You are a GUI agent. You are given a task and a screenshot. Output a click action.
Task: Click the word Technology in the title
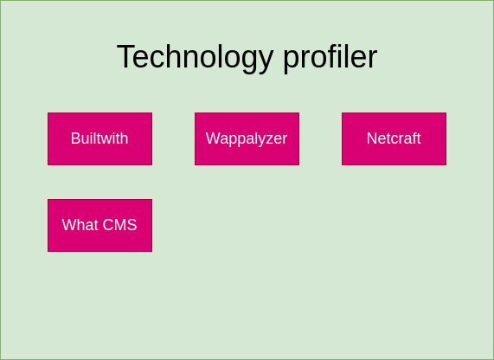click(195, 57)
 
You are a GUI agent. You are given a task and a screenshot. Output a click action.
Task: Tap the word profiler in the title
click(330, 57)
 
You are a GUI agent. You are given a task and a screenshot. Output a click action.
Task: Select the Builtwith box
click(99, 138)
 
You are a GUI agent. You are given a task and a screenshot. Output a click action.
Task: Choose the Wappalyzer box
click(247, 138)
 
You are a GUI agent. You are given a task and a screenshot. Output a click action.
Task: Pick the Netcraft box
click(394, 138)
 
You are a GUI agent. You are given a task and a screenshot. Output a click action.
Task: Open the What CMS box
click(99, 225)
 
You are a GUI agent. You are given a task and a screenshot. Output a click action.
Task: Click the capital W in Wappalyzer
click(213, 138)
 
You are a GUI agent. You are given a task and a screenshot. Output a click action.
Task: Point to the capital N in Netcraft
click(372, 138)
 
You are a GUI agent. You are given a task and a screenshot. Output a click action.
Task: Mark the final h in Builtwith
click(124, 138)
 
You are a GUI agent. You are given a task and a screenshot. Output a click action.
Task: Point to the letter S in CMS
click(132, 225)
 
